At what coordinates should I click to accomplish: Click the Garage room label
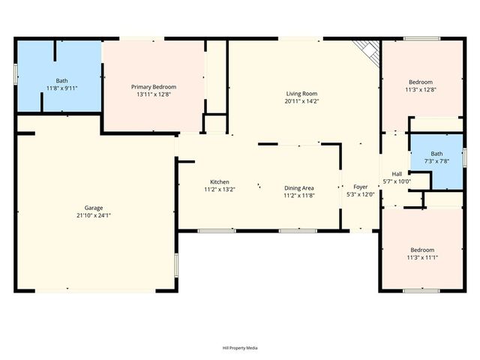93,208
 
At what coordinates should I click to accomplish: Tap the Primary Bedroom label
153,87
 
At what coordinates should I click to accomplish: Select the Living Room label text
302,94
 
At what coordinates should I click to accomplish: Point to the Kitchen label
219,181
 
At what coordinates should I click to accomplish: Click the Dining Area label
298,187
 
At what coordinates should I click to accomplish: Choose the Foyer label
361,187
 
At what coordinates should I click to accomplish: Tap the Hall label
397,174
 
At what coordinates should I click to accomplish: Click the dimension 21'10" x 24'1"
93,215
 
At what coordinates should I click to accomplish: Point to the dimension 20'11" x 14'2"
302,101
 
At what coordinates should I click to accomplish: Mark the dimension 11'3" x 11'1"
421,257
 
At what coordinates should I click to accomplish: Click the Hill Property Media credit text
240,348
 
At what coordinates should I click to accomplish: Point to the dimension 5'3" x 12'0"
361,194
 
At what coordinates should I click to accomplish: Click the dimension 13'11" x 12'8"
153,94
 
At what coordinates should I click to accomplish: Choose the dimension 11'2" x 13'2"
219,189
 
